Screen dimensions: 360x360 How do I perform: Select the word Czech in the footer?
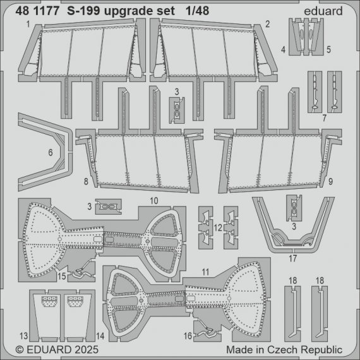[x=285, y=349]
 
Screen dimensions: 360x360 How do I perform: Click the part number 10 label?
[x=153, y=199]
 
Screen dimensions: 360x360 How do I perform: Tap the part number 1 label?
[x=29, y=24]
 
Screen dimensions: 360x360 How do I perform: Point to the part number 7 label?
[x=323, y=118]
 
